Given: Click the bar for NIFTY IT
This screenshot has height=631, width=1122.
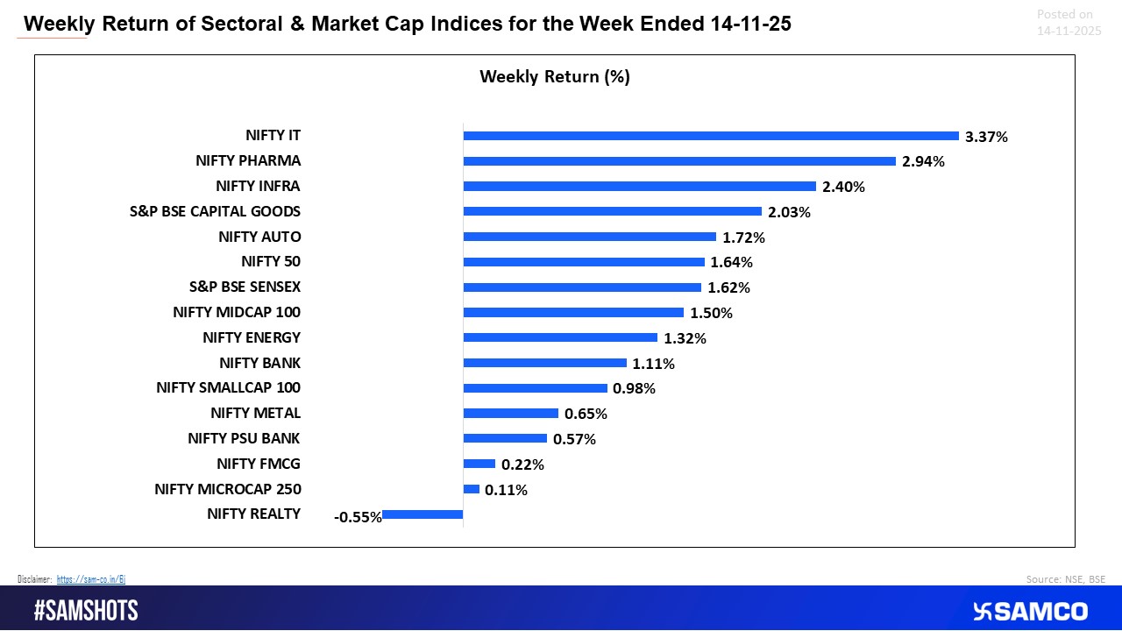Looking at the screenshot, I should tap(710, 136).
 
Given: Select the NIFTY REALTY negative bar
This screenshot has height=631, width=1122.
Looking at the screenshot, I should tap(423, 514).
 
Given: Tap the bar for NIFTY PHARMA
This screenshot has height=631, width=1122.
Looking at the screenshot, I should tap(679, 161).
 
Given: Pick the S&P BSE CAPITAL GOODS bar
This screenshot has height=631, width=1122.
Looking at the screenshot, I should tap(612, 211).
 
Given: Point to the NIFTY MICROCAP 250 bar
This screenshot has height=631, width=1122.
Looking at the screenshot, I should tap(471, 489).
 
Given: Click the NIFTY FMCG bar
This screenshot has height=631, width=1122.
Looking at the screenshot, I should tap(479, 464).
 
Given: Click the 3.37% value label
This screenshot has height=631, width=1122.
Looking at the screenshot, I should tap(986, 137).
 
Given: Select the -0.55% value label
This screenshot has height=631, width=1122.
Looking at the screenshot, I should tap(358, 517).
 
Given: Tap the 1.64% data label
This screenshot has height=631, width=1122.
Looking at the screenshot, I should tap(732, 262).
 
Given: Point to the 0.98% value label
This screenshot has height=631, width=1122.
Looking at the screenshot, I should tap(634, 388).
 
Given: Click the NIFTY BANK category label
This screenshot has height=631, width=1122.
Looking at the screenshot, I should tap(259, 363).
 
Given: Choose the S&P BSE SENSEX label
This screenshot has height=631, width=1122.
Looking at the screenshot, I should tap(245, 287).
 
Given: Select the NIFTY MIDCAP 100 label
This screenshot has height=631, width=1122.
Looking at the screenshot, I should tap(237, 312).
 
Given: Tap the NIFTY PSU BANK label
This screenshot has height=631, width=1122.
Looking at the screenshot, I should tap(244, 438).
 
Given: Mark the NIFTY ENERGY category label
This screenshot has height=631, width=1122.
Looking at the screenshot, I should tap(251, 337).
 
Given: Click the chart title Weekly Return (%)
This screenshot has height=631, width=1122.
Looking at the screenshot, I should tap(555, 77).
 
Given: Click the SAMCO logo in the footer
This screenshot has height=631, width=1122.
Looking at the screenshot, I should tap(1029, 611).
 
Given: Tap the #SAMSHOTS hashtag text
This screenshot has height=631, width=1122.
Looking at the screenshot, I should tap(86, 611).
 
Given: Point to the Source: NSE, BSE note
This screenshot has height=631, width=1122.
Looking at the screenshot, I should tap(1065, 579).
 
